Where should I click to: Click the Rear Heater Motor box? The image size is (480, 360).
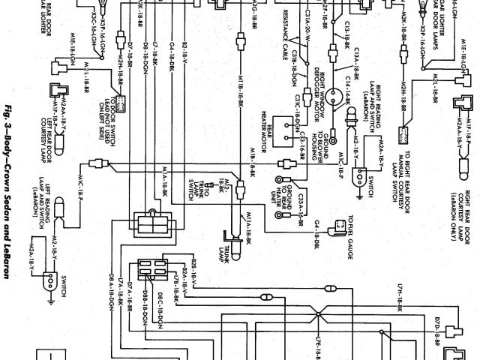coord(285,129)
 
